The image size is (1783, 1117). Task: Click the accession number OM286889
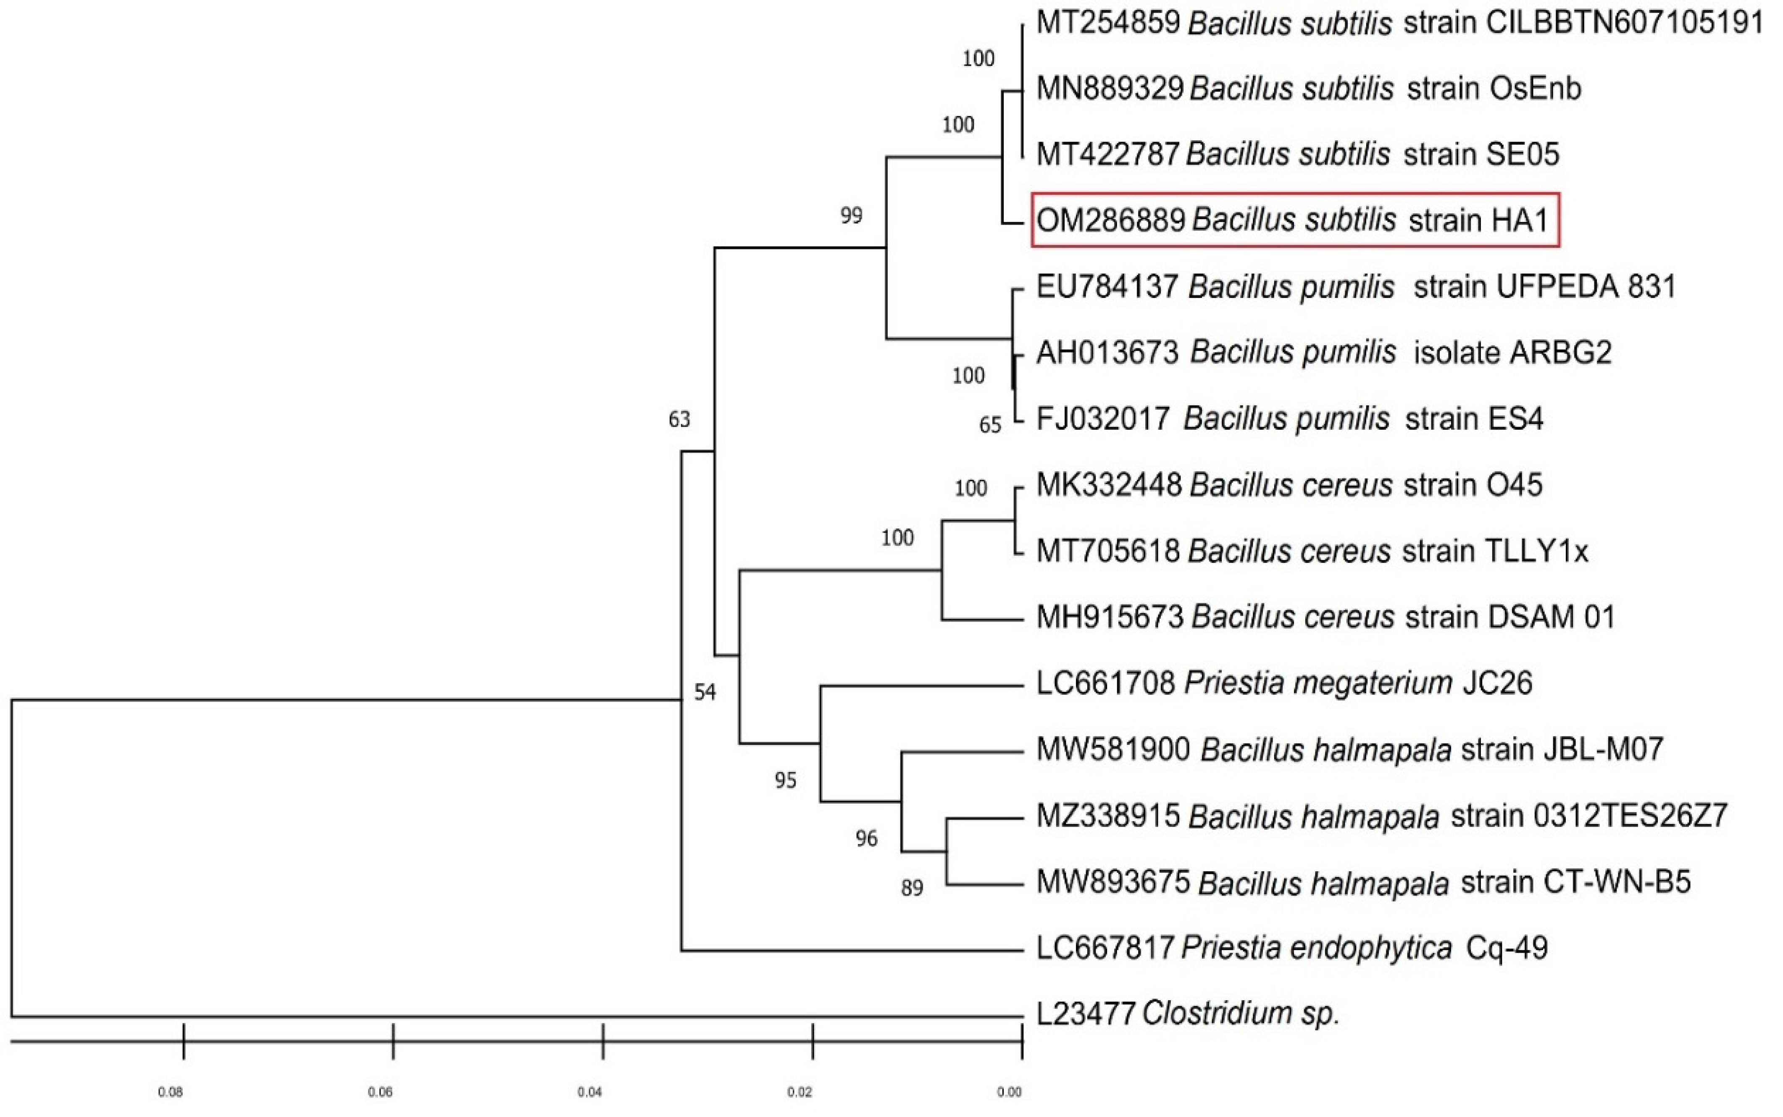(x=1110, y=220)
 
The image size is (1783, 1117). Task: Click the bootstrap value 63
(x=679, y=420)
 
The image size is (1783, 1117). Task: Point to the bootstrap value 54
(x=705, y=692)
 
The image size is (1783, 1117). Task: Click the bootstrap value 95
(x=785, y=780)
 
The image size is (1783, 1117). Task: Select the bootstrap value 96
(x=866, y=838)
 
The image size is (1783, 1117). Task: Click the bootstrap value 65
(x=990, y=425)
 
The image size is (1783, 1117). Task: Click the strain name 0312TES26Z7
(x=1589, y=815)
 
